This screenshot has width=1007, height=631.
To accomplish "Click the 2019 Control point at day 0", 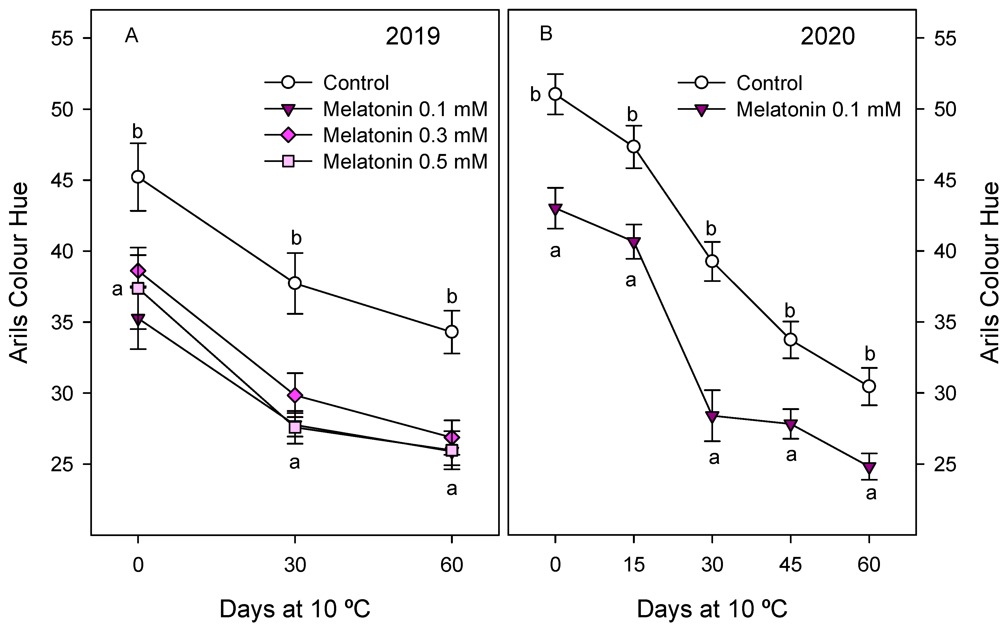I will click(138, 177).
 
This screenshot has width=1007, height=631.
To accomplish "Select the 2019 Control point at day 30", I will click(295, 283).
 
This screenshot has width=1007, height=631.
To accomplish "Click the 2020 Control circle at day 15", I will click(633, 147).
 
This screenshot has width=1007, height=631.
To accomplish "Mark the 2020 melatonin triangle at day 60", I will click(869, 467).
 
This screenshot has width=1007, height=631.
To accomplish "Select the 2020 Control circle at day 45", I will click(790, 339).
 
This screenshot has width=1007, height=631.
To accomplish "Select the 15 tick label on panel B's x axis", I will click(633, 565).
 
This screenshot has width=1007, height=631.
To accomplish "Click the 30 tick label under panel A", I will click(295, 565).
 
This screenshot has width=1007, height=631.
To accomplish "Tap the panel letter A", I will click(131, 36).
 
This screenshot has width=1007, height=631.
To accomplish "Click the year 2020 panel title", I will click(828, 37).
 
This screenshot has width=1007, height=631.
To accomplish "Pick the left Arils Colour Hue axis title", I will click(19, 273).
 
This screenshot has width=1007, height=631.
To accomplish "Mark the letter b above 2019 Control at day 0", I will click(137, 132).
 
